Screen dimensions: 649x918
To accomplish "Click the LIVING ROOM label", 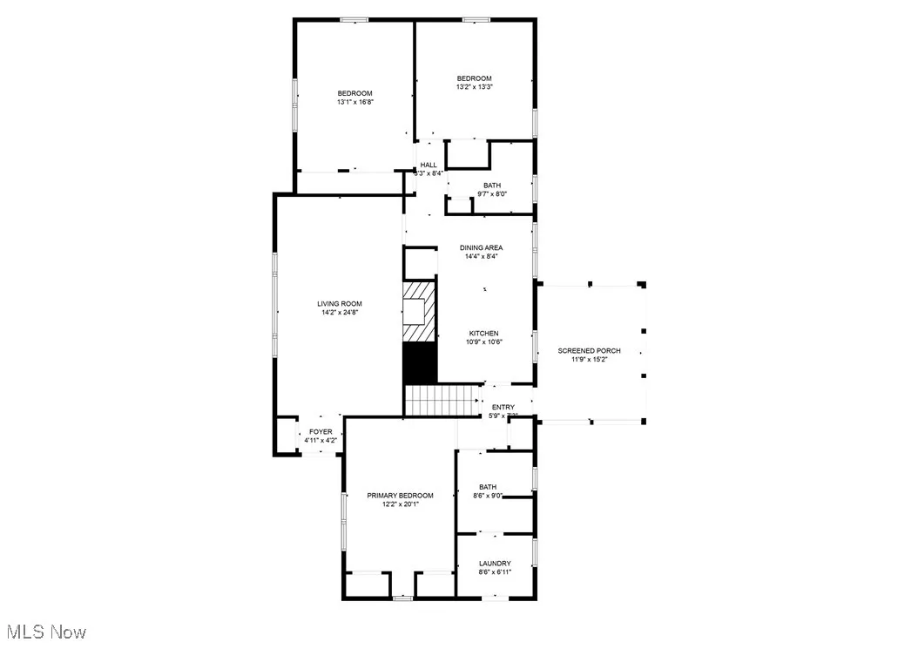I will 338,304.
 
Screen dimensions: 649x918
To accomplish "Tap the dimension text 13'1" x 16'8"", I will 354,102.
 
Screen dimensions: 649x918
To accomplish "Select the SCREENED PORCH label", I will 590,351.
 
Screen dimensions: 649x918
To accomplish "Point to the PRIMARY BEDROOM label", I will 400,496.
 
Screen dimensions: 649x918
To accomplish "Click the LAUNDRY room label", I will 495,564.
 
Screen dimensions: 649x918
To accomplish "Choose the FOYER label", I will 321,432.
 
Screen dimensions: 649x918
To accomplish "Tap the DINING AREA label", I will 482,248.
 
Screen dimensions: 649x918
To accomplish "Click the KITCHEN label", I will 484,334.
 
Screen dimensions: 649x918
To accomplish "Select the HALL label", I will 429,165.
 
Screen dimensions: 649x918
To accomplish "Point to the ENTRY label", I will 503,407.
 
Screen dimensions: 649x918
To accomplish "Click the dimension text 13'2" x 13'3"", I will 475,87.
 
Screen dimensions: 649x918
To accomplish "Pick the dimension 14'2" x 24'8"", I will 338,313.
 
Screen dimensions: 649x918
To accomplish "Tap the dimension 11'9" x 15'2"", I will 590,360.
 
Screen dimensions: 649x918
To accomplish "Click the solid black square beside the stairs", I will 419,363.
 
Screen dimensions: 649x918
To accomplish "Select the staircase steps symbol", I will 442,402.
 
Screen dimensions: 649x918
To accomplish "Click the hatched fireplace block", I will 419,312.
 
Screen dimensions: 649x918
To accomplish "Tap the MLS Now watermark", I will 45,632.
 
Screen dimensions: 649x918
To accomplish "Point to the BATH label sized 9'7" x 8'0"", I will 492,186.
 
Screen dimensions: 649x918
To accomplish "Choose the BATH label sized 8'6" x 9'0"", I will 488,487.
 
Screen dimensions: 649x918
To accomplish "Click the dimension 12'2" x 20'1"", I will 400,504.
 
